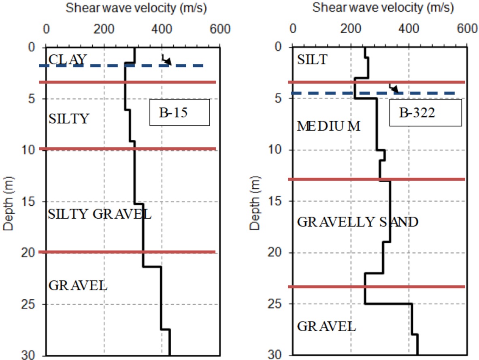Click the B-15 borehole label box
pos(179,113)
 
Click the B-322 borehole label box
pos(425,113)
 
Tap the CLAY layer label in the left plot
pos(67,60)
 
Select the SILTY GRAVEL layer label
pos(100,214)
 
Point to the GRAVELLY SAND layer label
pos(357,222)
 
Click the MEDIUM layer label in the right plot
pos(328,126)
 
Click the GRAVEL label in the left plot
pos(78,285)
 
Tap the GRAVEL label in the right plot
pos(326,326)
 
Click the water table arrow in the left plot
pos(166,60)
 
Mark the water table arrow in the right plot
pos(394,88)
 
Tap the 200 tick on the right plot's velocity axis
pos(350,30)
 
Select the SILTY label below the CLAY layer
pos(68,119)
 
